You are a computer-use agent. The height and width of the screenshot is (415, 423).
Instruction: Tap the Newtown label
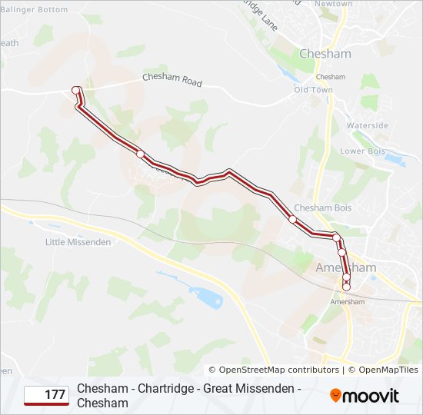(334, 4)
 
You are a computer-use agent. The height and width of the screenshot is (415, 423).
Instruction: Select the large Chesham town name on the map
(325, 54)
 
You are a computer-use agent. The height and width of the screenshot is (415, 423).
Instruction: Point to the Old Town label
(314, 90)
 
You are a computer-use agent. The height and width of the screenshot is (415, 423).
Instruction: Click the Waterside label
(367, 124)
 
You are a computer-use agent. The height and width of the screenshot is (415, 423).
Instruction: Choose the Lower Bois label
(362, 151)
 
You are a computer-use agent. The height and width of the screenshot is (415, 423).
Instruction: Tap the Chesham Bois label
(323, 208)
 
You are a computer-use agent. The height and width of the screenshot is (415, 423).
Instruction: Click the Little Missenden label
(78, 242)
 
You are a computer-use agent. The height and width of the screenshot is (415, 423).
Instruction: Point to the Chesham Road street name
(172, 80)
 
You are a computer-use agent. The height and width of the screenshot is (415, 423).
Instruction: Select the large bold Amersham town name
(346, 267)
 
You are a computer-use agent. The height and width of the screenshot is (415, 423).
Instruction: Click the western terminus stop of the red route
(76, 91)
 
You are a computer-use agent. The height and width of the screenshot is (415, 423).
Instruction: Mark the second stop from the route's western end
(140, 154)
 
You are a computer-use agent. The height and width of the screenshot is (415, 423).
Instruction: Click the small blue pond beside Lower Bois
(395, 160)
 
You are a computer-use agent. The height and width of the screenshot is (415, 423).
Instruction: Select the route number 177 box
(47, 395)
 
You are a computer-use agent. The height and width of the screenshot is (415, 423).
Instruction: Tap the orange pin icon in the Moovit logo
(335, 396)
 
